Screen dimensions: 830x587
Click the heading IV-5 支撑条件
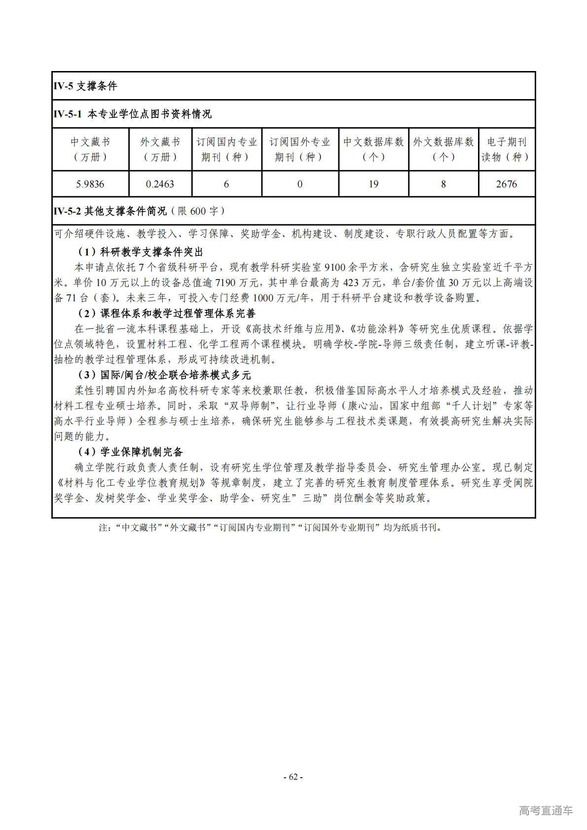[85, 86]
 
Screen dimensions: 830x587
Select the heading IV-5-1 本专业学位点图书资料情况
[132, 114]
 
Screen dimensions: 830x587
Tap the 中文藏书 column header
[90, 149]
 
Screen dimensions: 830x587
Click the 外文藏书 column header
[160, 149]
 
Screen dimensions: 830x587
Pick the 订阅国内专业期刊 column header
[226, 149]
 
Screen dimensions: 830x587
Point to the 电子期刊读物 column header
[506, 149]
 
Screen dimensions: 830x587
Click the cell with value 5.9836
[90, 184]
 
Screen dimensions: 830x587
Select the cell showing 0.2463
[160, 184]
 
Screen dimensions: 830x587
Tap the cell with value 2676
[506, 184]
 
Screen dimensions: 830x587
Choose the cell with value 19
[373, 184]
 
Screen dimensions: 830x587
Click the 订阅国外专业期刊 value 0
[300, 184]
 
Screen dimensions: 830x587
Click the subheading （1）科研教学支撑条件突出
[140, 252]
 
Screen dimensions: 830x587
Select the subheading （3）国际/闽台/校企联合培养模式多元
[164, 375]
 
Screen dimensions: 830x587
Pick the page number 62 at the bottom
[293, 777]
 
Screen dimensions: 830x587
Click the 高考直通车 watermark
[546, 811]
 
